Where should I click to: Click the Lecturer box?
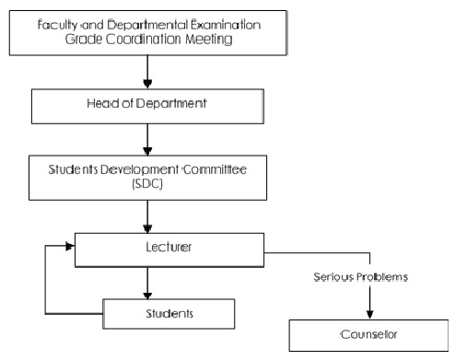[x=169, y=249]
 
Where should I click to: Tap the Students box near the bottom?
[x=169, y=314]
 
